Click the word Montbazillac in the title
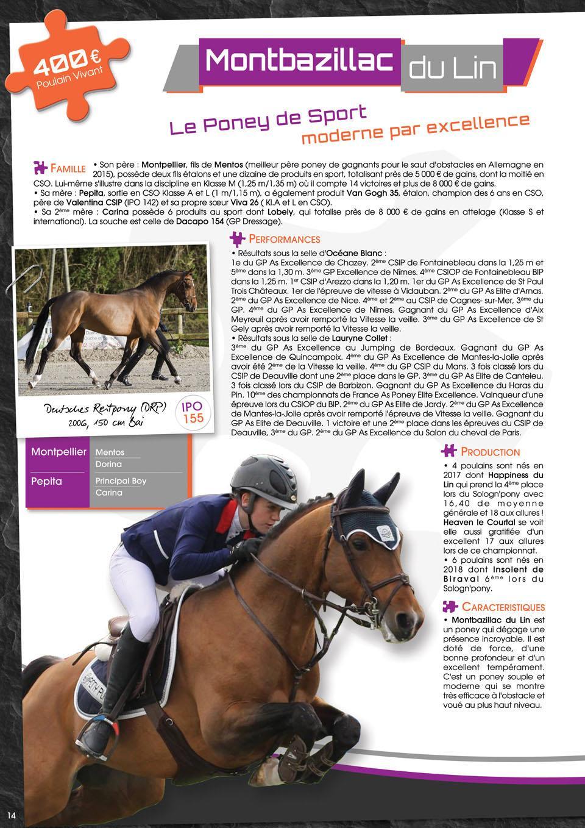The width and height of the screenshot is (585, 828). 299,61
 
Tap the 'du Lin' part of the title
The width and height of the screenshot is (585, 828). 452,68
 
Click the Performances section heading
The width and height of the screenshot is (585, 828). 284,239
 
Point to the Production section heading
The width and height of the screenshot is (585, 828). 490,452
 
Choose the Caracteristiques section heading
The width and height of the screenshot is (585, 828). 503,607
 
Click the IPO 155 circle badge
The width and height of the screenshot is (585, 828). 193,412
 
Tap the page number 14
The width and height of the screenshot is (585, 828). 12,816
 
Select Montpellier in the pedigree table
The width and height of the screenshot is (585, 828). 58,452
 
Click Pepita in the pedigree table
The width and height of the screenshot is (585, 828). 46,481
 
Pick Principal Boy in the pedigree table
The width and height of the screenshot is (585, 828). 121,480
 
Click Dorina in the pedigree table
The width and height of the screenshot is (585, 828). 108,464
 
